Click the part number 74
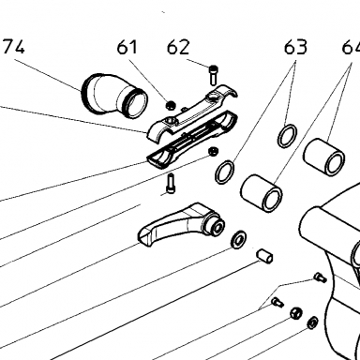click(13, 48)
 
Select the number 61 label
click(127, 48)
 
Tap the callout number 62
click(178, 48)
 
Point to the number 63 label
click(295, 47)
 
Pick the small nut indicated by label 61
click(170, 105)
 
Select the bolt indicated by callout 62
click(213, 75)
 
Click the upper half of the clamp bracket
click(191, 113)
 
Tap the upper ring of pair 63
click(287, 135)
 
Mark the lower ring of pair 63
click(225, 172)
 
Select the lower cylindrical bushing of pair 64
click(262, 193)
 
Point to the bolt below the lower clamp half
click(171, 184)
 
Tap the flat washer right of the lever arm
click(238, 239)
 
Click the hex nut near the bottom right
click(295, 313)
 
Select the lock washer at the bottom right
click(312, 322)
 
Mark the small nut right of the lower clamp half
click(214, 151)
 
